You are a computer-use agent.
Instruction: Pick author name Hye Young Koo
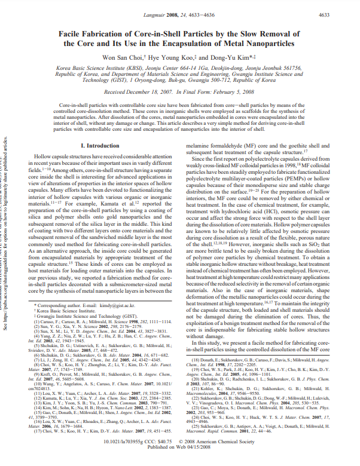(194, 59)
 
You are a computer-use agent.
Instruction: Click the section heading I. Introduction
(100, 145)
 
